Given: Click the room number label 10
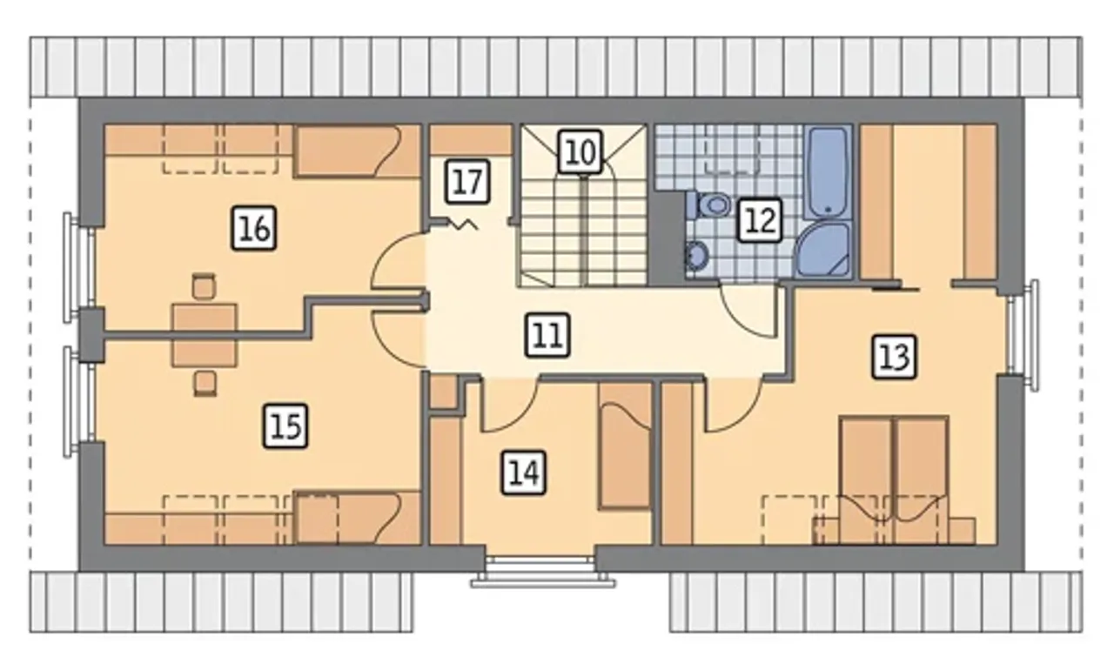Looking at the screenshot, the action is [x=580, y=151].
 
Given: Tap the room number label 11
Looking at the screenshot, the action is [x=547, y=335].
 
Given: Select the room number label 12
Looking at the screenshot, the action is [x=760, y=220].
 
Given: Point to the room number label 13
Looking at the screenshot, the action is [x=894, y=357].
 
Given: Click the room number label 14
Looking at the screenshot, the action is [x=524, y=473].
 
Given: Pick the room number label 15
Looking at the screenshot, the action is [x=285, y=426].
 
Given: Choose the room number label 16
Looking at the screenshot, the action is [x=254, y=228].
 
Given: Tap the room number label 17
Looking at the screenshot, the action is [x=468, y=181].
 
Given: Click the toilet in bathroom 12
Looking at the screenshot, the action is [x=708, y=205].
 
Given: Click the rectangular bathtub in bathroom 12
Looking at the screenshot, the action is [x=828, y=171].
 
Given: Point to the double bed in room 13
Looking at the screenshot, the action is [x=894, y=480].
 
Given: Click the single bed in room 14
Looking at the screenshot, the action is [x=625, y=446].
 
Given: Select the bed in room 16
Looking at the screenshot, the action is [x=357, y=151].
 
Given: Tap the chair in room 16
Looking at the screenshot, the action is [x=204, y=286].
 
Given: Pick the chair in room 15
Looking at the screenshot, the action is [x=205, y=384].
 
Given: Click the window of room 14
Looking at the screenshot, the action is [x=541, y=571].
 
